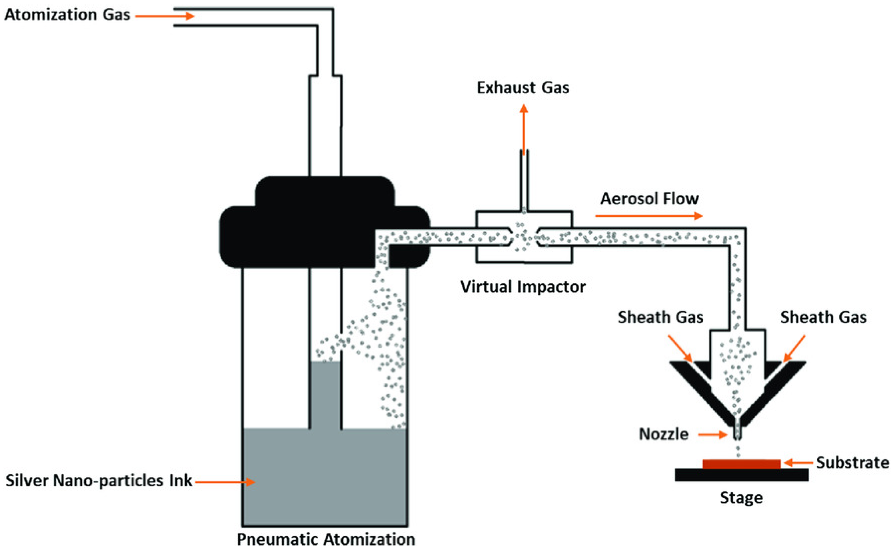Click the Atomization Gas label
(x=67, y=15)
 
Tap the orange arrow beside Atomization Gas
(x=165, y=16)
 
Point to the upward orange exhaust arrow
(x=524, y=127)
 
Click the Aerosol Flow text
(x=649, y=199)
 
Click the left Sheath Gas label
(x=661, y=317)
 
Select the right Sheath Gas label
(x=823, y=317)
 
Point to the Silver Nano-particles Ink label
(x=99, y=481)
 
